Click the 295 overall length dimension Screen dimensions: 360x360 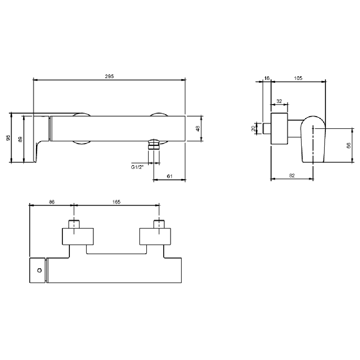tap(109, 76)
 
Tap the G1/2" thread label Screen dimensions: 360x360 tap(137, 167)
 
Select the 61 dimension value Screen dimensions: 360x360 tap(170, 176)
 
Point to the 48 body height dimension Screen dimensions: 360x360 tap(198, 129)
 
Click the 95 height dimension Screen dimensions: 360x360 tap(8, 138)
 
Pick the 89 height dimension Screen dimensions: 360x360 tap(20, 139)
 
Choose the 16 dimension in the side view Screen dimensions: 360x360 tap(267, 78)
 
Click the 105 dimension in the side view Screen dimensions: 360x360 tap(298, 78)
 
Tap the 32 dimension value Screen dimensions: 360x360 tap(279, 101)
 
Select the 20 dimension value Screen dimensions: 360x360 tap(253, 129)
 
